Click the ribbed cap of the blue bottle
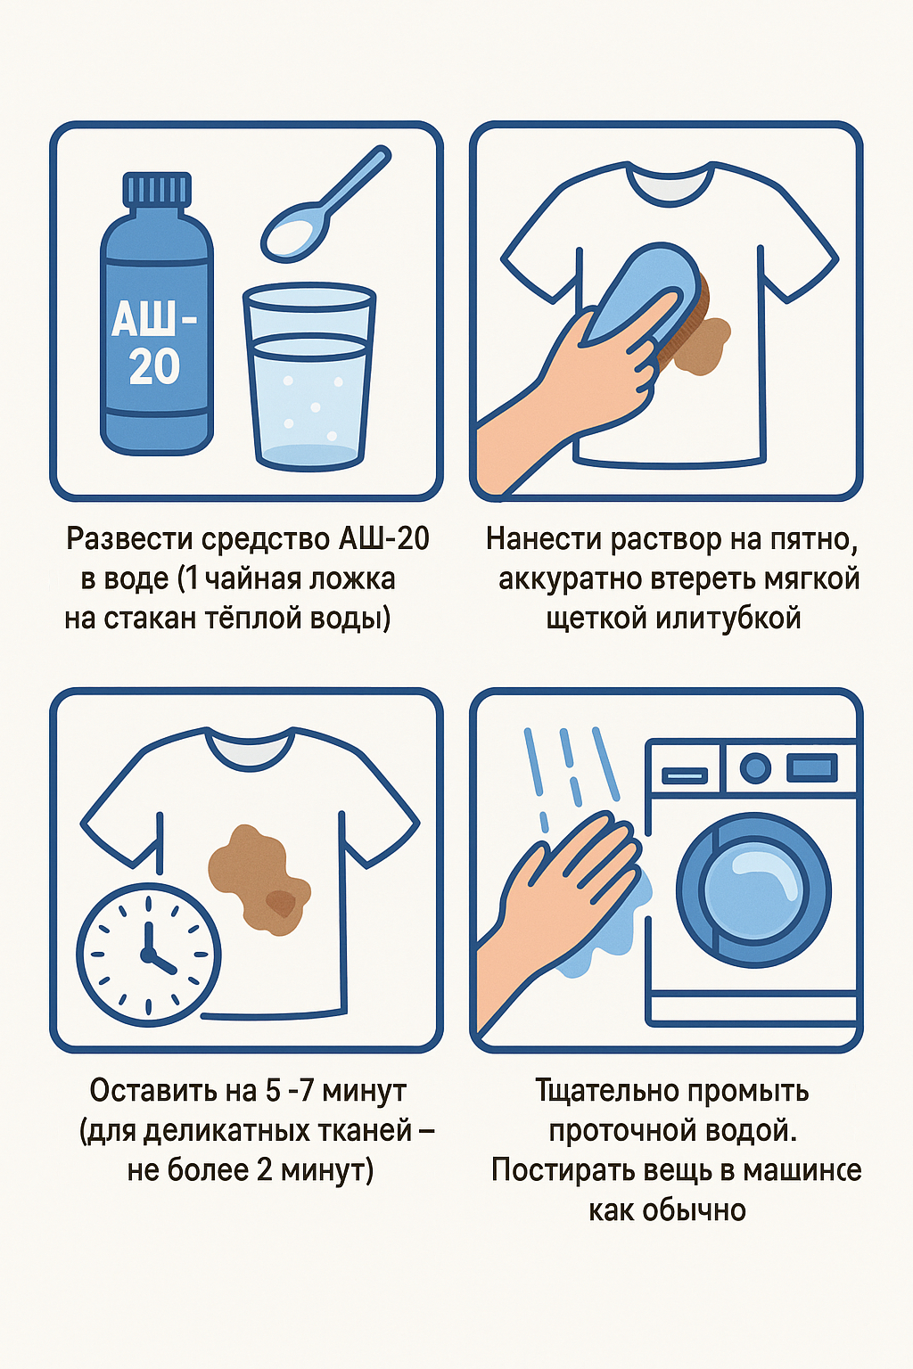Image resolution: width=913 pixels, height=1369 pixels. tap(157, 190)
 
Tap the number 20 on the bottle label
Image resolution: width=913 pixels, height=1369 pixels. tap(155, 366)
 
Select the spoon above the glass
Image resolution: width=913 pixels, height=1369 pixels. tap(325, 204)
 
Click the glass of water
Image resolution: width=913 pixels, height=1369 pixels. tap(309, 376)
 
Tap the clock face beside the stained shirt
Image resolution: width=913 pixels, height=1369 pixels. tap(149, 954)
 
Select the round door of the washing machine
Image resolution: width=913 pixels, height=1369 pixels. tap(753, 889)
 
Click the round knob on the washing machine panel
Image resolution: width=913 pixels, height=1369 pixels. tap(755, 767)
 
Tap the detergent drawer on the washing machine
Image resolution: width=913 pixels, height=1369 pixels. tap(685, 775)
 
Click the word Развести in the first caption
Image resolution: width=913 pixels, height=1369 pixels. tap(130, 539)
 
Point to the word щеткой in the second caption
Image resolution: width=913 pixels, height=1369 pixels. tap(596, 619)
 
